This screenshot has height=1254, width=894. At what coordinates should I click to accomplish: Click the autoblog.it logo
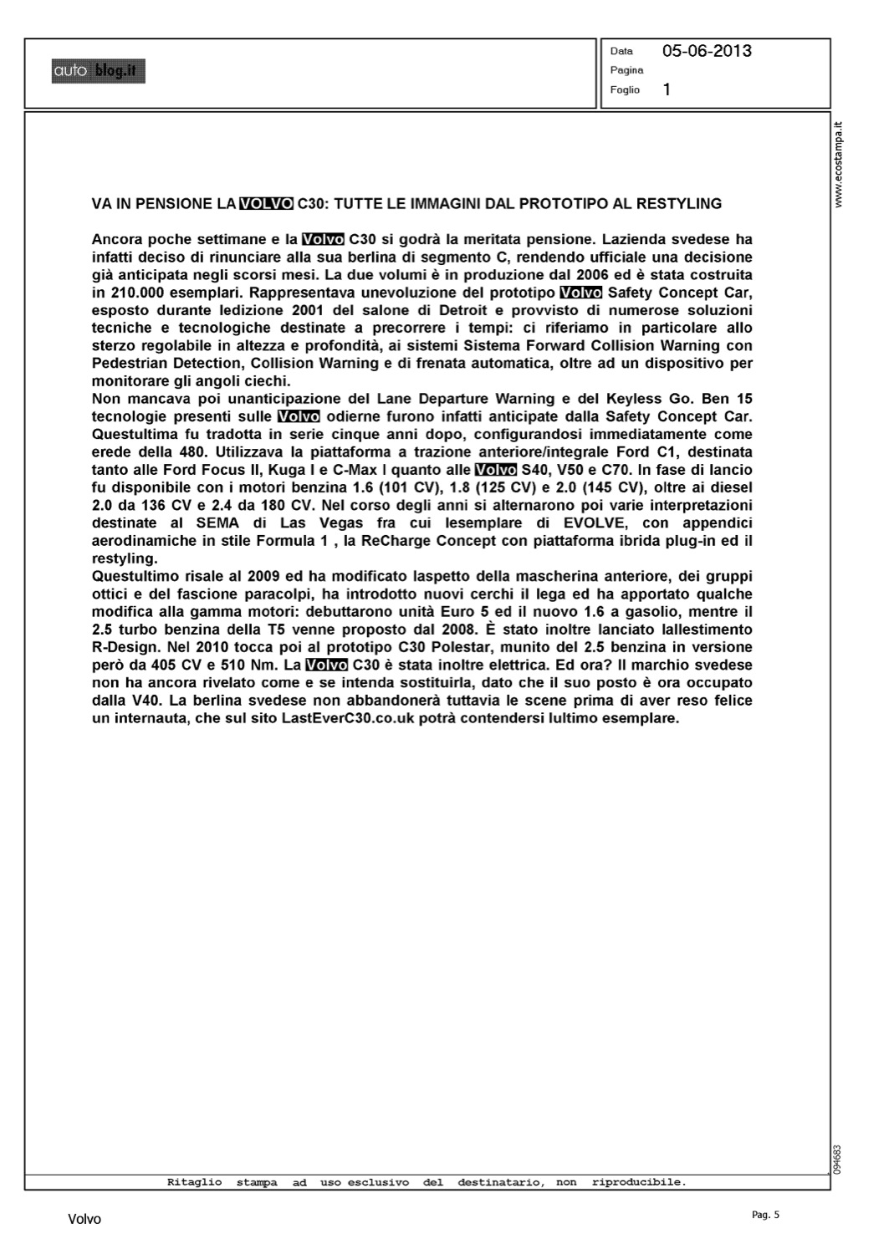(x=98, y=72)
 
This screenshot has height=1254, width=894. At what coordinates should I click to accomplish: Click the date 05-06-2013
(x=707, y=51)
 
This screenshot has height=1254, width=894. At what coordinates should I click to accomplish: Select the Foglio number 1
(x=667, y=89)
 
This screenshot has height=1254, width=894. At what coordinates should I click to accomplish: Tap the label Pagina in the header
(x=626, y=70)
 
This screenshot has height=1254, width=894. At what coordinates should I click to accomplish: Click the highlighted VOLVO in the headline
(x=266, y=203)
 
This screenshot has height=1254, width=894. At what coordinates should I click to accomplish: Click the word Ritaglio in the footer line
(x=195, y=1182)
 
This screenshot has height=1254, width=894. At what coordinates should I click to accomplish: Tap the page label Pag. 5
(x=765, y=1215)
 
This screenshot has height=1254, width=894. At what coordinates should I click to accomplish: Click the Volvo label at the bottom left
(x=84, y=1220)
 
